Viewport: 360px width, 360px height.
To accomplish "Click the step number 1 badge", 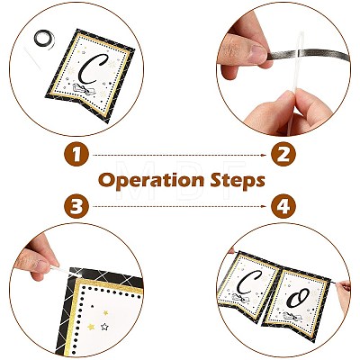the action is click(76, 154).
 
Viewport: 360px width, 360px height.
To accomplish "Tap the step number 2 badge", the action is click(283, 154).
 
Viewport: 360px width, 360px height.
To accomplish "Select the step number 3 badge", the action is click(76, 207).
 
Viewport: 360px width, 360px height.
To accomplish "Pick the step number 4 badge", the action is click(283, 207).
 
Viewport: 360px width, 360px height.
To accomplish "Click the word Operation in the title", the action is click(151, 181).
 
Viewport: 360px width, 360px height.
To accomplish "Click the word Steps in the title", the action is click(238, 180).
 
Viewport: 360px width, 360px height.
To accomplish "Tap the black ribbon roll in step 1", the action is click(44, 39).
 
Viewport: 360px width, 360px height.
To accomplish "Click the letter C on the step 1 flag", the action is click(91, 68).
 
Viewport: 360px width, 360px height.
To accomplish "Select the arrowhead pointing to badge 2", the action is click(264, 155).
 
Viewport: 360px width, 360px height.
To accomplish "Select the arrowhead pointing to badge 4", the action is click(264, 206).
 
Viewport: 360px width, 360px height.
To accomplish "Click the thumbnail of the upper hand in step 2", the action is click(257, 53).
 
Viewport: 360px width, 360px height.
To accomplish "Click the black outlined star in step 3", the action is click(104, 327).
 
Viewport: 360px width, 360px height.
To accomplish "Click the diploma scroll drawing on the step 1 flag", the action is click(84, 89).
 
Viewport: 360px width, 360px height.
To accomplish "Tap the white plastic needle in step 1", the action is click(32, 58).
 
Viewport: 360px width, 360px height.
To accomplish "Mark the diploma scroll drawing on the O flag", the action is click(292, 316).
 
